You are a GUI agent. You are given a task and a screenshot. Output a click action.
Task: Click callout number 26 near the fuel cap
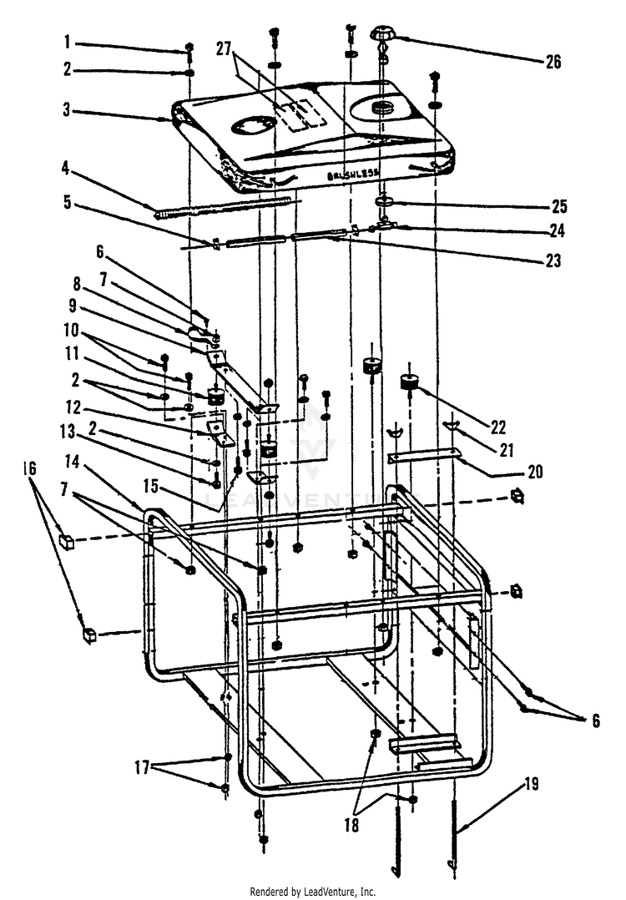pos(553,62)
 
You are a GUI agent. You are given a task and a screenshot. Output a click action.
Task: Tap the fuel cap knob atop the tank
pos(385,35)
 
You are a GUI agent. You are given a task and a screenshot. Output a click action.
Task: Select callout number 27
pos(223,48)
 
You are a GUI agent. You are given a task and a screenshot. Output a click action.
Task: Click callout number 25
pos(553,203)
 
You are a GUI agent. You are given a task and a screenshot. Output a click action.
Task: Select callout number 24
pos(553,231)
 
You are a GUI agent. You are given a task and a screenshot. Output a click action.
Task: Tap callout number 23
pos(553,260)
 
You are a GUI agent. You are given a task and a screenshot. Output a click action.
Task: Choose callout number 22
pos(498,427)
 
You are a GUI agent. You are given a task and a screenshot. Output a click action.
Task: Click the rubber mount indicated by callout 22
pos(410,383)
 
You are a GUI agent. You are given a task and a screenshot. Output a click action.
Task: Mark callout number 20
pos(535,472)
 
